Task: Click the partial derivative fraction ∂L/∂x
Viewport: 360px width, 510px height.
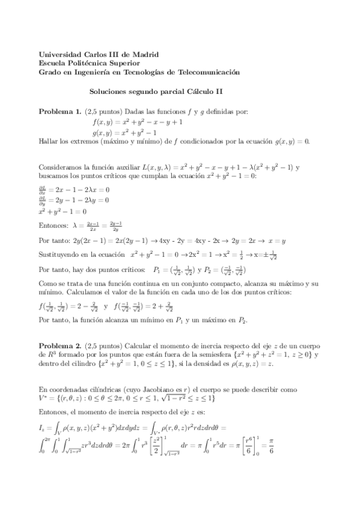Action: coord(43,188)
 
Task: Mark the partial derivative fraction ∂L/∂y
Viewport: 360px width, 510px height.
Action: coord(43,199)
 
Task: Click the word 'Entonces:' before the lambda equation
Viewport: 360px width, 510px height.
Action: coord(53,225)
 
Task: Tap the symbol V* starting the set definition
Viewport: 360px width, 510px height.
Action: coord(43,398)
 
